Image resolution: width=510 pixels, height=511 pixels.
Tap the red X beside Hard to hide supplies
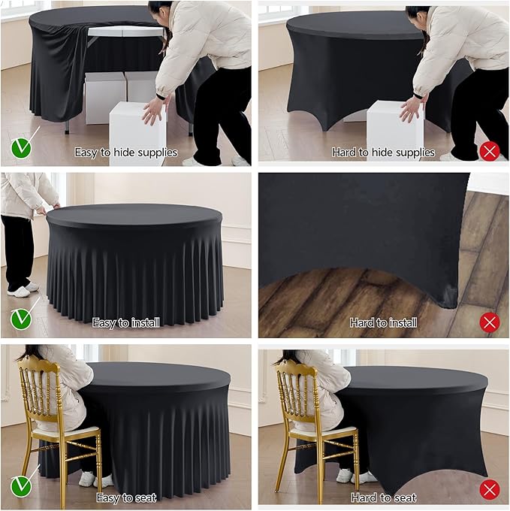(490, 151)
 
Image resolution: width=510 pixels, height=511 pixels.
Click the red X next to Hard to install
(490, 322)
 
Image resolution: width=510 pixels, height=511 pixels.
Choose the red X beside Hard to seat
(490, 491)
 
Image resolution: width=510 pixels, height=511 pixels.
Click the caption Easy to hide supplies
(125, 153)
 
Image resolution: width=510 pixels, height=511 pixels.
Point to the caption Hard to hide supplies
(383, 153)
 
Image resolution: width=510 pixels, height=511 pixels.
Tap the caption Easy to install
(125, 323)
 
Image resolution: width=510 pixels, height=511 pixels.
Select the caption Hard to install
(383, 323)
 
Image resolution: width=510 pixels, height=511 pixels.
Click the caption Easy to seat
(125, 497)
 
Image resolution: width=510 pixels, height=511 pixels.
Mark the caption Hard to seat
(383, 497)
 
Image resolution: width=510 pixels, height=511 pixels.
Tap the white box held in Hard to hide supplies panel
(394, 128)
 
